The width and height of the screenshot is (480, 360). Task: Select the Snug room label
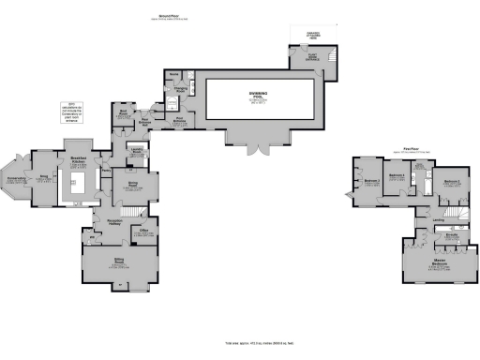tap(43, 176)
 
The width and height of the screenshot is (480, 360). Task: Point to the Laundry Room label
tap(137, 149)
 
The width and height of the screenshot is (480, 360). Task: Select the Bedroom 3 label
tap(397, 174)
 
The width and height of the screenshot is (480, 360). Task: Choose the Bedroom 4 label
tap(370, 181)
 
